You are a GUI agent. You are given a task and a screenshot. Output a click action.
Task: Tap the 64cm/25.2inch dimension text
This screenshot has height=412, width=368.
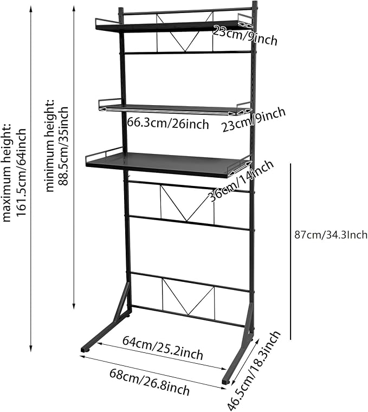tap(163, 347)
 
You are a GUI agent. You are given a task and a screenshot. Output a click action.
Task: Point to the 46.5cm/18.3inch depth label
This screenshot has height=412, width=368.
tap(254, 370)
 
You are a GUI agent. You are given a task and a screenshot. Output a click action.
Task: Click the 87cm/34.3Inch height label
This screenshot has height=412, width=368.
tap(331, 235)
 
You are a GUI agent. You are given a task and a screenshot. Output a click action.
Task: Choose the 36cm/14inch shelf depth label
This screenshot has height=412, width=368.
tap(241, 181)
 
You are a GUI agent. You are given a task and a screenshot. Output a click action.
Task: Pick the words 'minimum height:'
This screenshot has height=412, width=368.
tap(49, 146)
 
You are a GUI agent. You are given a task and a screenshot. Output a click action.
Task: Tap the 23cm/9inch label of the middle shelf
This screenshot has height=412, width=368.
tap(254, 120)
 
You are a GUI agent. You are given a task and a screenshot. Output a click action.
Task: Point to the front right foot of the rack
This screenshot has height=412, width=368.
tap(227, 381)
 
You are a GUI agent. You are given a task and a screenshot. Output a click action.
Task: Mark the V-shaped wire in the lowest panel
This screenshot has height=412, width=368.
tap(189, 297)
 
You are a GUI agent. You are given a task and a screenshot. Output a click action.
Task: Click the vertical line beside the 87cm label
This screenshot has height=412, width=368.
tap(291, 251)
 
